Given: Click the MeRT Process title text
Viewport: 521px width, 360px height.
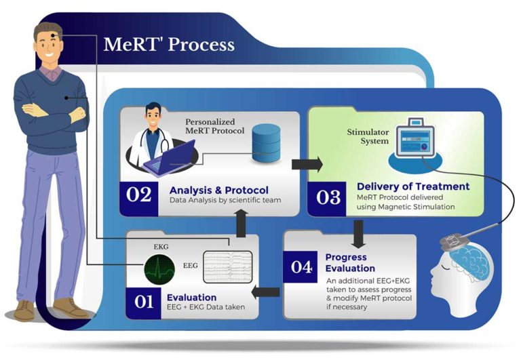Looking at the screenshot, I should click(x=169, y=45).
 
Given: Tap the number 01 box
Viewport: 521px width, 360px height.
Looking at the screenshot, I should click(x=144, y=302).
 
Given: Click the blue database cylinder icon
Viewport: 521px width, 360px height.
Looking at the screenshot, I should click(x=267, y=144).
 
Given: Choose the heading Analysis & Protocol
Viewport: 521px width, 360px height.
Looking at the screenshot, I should click(x=219, y=189).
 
